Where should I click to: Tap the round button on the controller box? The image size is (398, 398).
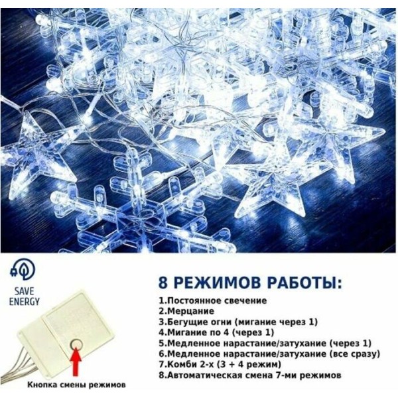(76, 344)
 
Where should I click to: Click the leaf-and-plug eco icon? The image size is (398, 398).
(23, 271)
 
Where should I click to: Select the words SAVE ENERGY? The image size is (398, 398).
(25, 297)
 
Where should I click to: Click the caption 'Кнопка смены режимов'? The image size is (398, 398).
(76, 385)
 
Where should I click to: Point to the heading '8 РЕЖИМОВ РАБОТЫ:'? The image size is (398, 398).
(250, 283)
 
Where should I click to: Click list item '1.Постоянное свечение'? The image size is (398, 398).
(213, 300)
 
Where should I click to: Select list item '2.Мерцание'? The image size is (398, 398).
(186, 311)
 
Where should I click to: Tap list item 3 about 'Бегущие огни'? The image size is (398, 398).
(238, 322)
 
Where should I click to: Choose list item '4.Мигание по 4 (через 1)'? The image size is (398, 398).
(216, 332)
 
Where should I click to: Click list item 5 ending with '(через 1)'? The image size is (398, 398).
(265, 344)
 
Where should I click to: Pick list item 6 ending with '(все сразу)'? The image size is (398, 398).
(269, 354)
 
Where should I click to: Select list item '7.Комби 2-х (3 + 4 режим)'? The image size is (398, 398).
(220, 364)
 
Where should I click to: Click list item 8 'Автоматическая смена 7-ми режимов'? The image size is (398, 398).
(250, 375)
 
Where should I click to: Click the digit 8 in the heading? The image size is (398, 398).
(163, 283)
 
